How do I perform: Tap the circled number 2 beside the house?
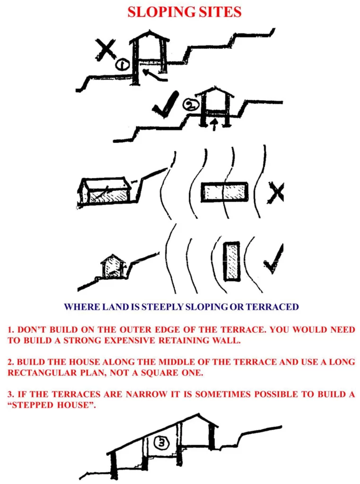pos(190,105)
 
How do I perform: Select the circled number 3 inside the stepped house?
pos(162,443)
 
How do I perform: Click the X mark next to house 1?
pos(105,49)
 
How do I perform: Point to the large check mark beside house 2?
pos(165,104)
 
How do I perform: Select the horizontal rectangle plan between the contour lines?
pos(224,192)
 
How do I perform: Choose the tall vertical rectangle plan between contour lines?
pos(231,261)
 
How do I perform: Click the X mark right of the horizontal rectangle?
pos(275,192)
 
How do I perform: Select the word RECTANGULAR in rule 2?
pos(42,372)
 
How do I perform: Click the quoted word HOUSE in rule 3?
pos(75,405)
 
